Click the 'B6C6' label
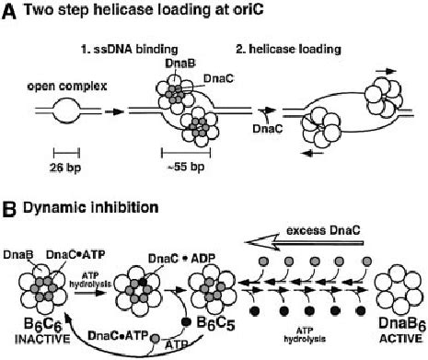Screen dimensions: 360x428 click(32, 322)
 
